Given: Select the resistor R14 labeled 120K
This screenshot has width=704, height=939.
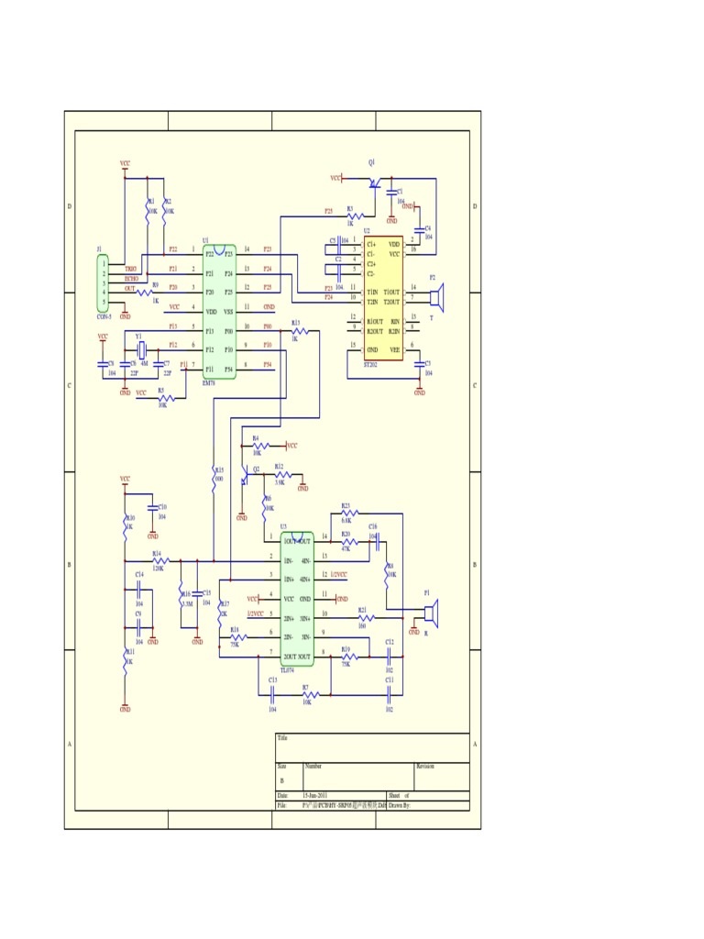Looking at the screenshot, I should [160, 560].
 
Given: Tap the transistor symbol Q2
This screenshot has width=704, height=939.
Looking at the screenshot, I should [245, 477].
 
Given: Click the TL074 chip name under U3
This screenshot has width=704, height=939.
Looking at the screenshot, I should [287, 670].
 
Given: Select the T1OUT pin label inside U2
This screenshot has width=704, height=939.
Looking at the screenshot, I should [391, 292].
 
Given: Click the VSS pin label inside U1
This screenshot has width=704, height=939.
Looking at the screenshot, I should [229, 312].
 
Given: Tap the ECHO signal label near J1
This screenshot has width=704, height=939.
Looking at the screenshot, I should [131, 278].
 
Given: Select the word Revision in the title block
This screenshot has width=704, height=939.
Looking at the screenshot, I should [425, 767].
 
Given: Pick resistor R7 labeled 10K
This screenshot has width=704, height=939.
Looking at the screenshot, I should [308, 696].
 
